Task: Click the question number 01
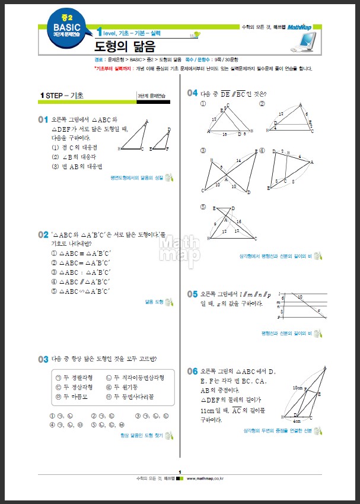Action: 43,120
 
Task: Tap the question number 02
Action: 43,235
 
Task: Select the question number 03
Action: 43,359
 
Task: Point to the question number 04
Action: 192,93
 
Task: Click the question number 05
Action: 192,294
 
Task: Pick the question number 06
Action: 192,371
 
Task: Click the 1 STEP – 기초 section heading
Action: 62,96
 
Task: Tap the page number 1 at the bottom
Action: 180,471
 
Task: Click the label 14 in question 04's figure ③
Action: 238,161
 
